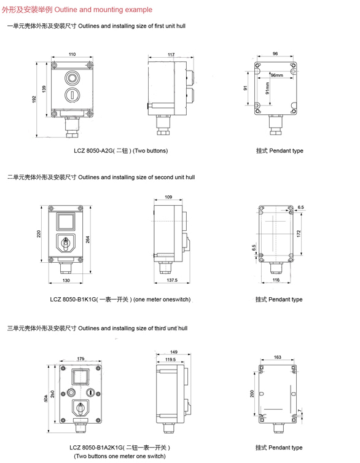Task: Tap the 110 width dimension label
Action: [x=72, y=54]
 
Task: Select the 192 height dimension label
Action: [x=34, y=99]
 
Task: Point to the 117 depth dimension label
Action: [x=171, y=55]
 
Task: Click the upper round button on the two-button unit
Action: [x=72, y=78]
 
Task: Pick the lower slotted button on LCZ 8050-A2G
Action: [x=72, y=95]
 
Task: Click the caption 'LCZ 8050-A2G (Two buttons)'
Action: [x=121, y=151]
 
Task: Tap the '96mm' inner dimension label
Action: [x=276, y=76]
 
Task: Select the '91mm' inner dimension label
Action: [x=268, y=88]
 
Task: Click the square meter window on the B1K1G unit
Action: [x=66, y=222]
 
